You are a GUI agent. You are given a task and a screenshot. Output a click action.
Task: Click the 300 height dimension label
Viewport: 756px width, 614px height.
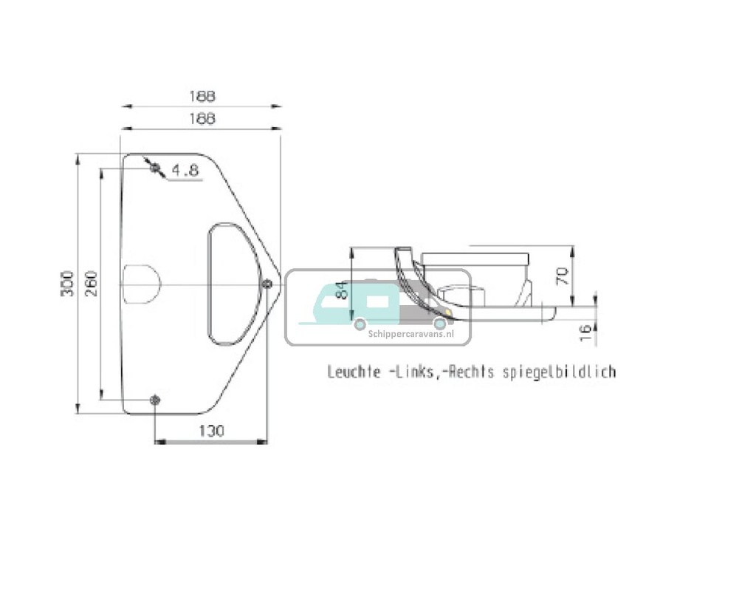click(x=66, y=284)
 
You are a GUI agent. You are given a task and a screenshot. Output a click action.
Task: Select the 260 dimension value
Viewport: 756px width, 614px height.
click(x=90, y=284)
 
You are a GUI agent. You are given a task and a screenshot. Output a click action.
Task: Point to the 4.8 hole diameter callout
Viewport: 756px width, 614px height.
click(x=185, y=171)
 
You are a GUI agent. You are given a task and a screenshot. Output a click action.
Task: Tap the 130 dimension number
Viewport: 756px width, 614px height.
click(x=211, y=431)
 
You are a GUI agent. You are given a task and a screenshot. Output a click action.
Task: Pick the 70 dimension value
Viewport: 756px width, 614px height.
click(x=563, y=276)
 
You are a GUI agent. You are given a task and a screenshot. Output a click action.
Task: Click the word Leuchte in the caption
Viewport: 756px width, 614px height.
click(x=354, y=372)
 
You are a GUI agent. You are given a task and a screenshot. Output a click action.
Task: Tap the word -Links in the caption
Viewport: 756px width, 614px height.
click(x=410, y=372)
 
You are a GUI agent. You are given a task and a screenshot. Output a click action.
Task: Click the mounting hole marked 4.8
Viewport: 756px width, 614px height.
click(x=154, y=168)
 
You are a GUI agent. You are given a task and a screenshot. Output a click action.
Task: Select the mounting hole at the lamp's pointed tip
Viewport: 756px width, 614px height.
click(x=267, y=284)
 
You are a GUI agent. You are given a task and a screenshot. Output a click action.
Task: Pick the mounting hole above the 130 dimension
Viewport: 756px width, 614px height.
click(x=154, y=400)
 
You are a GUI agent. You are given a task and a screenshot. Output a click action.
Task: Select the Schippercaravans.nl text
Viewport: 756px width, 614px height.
click(x=409, y=333)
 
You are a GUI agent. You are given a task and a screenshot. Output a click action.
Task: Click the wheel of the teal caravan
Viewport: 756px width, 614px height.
click(x=360, y=323)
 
